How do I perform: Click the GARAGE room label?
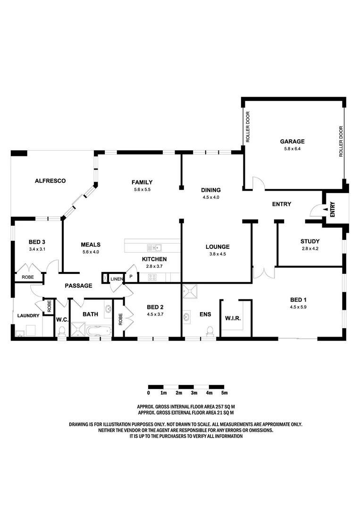click(x=292, y=141)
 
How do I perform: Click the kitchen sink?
click(x=154, y=247)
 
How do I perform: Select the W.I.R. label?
click(x=233, y=318)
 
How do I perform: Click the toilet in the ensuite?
click(x=210, y=331)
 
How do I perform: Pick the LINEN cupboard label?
click(x=117, y=279)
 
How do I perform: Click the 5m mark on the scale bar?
click(x=225, y=393)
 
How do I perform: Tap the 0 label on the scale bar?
click(x=149, y=393)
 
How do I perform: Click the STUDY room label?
click(x=310, y=241)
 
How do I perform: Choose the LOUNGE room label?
click(x=218, y=246)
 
